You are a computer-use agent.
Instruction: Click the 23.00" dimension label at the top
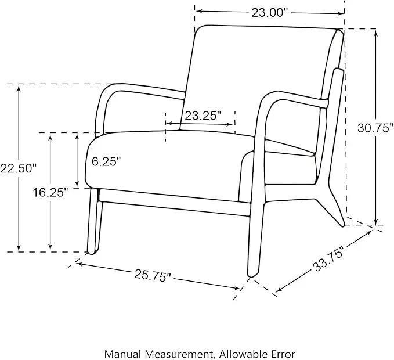click(x=270, y=13)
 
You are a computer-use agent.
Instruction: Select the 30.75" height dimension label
click(x=375, y=128)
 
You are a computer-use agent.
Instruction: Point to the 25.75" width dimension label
click(x=153, y=276)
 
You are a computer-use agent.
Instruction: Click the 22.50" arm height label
click(x=18, y=168)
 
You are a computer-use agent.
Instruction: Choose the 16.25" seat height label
click(x=50, y=193)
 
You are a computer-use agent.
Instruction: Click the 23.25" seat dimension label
click(x=203, y=116)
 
